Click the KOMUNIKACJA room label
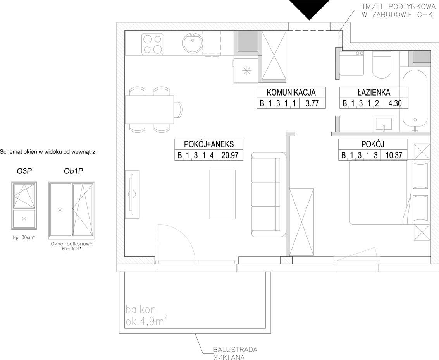click(x=291, y=92)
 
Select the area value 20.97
click(x=230, y=155)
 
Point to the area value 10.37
click(x=394, y=155)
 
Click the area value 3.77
click(x=312, y=103)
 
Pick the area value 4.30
click(x=395, y=103)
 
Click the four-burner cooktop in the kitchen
click(x=152, y=44)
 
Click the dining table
click(x=150, y=110)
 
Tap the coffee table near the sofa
click(x=222, y=194)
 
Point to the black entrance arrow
click(x=309, y=10)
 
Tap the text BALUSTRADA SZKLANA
click(x=235, y=353)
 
